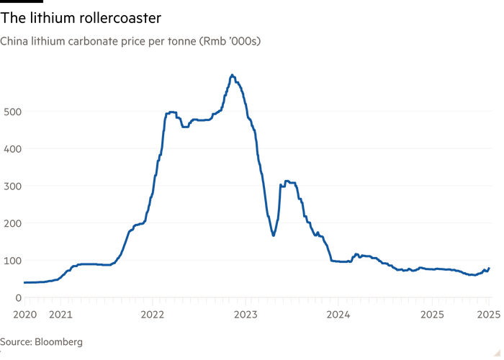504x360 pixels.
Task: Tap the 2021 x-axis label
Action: tap(61, 315)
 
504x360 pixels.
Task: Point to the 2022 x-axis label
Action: tap(153, 315)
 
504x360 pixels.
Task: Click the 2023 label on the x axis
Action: tap(246, 315)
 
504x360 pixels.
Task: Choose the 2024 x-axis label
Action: tap(338, 315)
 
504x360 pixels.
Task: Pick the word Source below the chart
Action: tap(17, 342)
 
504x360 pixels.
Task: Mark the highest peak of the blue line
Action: tap(232, 74)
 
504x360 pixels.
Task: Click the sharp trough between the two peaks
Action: tap(274, 235)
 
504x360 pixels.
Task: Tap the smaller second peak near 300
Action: tap(287, 181)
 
